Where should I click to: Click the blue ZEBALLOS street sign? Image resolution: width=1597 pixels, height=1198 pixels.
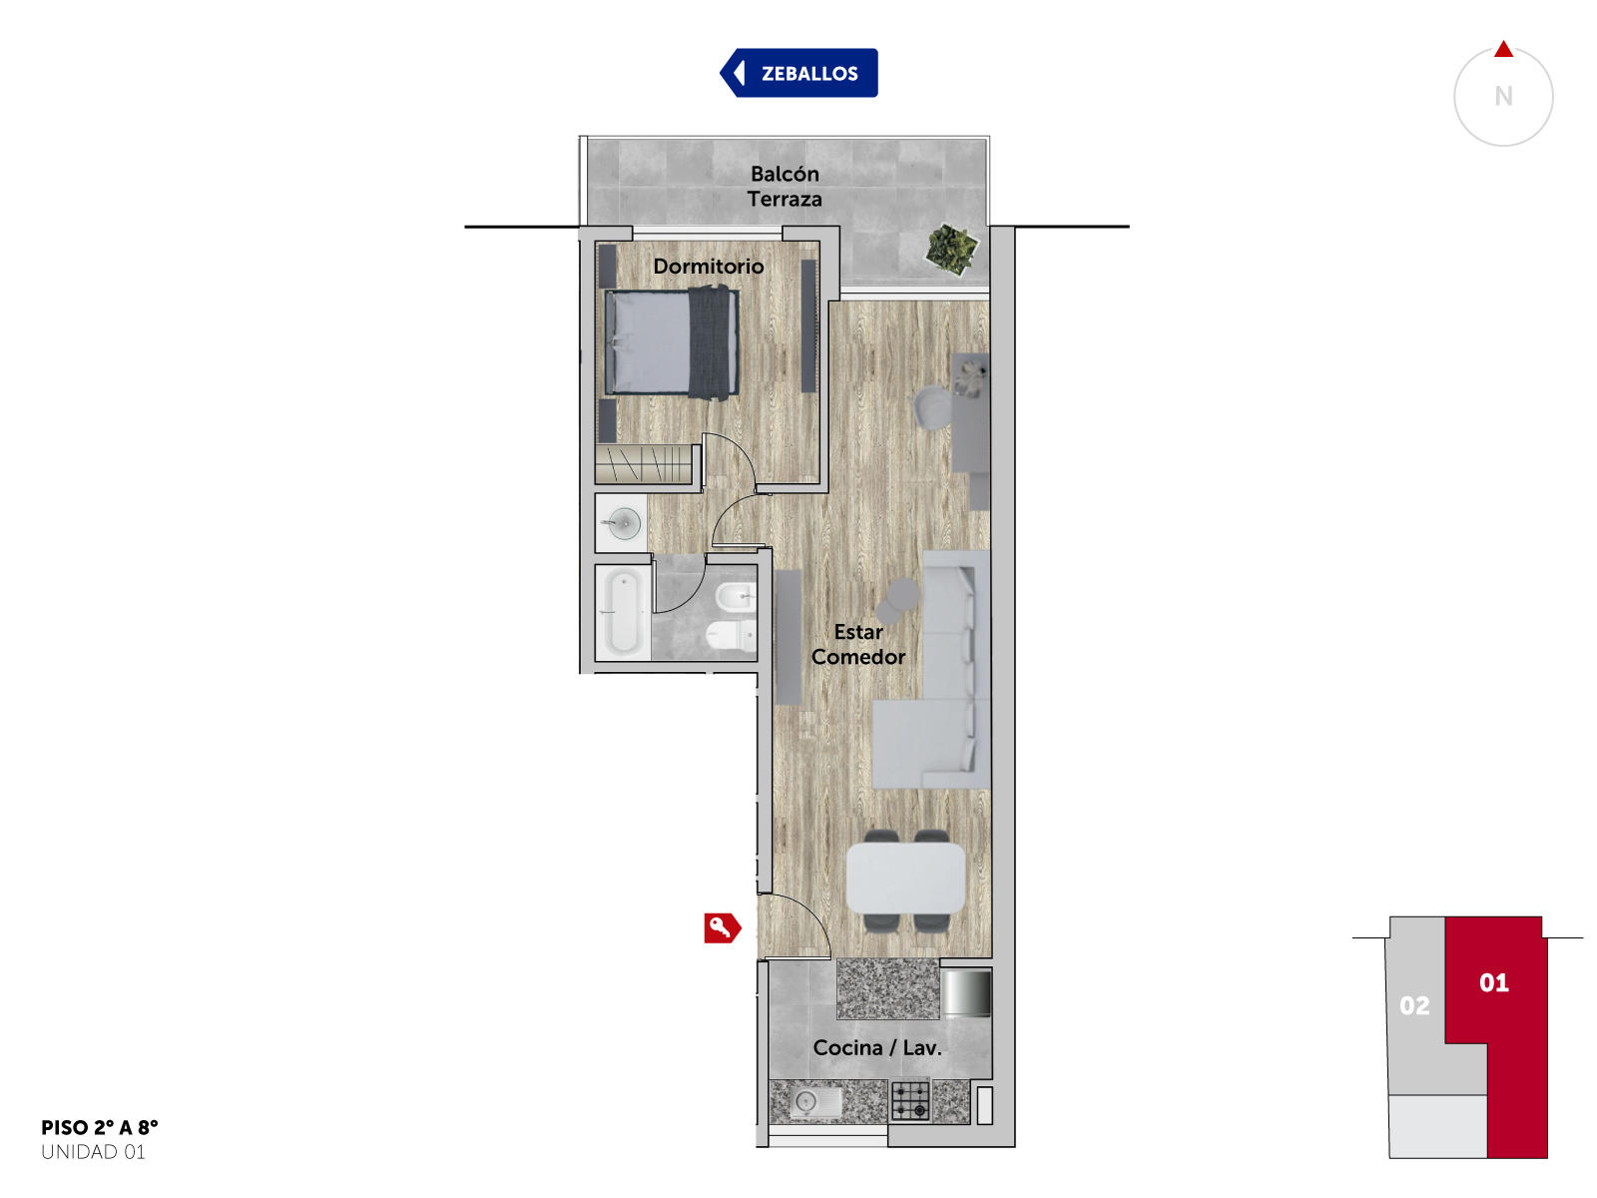(x=798, y=73)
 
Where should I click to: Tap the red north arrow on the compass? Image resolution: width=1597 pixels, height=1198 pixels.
(x=1503, y=49)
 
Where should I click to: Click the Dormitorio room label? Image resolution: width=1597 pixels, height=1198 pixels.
(x=708, y=267)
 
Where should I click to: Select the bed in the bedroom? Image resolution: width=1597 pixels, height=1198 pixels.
(x=672, y=342)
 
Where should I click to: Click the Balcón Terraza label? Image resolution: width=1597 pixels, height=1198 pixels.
(x=785, y=187)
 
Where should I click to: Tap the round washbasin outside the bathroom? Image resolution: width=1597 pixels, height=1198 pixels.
(x=624, y=523)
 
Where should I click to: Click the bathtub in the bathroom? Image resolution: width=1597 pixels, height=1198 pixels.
(x=623, y=612)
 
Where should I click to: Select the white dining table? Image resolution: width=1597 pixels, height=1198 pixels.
(x=905, y=878)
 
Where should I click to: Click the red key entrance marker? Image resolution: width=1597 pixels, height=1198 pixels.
(x=722, y=927)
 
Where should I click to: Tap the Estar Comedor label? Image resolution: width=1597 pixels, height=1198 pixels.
(x=857, y=644)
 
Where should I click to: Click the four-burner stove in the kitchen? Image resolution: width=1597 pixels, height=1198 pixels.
(x=910, y=1100)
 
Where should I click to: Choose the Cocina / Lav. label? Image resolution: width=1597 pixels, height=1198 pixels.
(x=876, y=1047)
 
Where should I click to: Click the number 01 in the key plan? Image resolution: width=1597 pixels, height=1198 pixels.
(x=1493, y=982)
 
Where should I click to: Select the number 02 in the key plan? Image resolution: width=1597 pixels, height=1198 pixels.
(x=1414, y=1005)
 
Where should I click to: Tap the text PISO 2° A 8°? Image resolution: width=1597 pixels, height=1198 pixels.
(x=100, y=1127)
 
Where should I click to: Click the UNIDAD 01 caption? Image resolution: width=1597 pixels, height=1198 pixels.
(x=93, y=1152)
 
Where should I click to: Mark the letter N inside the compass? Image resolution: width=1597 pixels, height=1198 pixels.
(x=1503, y=96)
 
